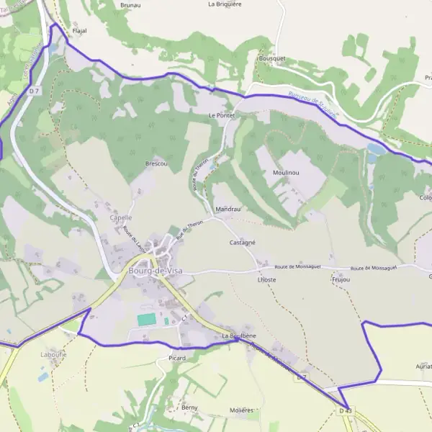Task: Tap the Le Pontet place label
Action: (221, 115)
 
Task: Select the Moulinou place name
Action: (286, 174)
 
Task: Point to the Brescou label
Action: (156, 163)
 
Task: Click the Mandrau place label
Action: (228, 210)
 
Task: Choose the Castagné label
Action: (243, 243)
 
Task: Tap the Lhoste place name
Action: (266, 279)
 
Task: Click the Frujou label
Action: (341, 279)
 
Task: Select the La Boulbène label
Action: (240, 336)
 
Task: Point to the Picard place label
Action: (176, 358)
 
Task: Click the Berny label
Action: (189, 408)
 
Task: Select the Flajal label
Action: (79, 32)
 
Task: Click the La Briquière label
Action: (225, 4)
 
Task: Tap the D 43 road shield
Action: (346, 410)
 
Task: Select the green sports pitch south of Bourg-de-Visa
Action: (147, 319)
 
